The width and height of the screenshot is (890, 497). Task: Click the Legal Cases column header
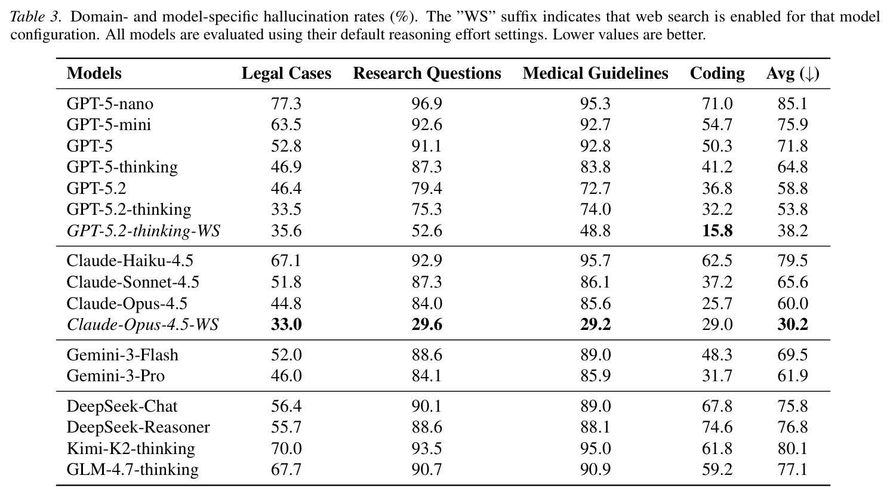(x=286, y=73)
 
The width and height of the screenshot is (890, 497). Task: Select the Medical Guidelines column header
(x=595, y=73)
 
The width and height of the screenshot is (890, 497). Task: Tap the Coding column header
(x=717, y=74)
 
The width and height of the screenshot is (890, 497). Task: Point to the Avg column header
(x=793, y=74)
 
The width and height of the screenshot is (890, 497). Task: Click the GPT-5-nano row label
(x=110, y=104)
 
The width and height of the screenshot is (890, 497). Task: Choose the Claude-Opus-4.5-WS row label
(x=143, y=325)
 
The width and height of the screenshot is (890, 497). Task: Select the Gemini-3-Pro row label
(x=115, y=375)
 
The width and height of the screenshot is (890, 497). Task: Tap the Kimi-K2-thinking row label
(x=131, y=449)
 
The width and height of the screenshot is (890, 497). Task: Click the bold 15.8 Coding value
(x=717, y=231)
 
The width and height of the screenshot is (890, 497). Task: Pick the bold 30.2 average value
(x=793, y=325)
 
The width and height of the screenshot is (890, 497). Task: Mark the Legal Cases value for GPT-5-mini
(x=286, y=125)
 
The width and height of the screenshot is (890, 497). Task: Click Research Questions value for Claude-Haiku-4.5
(x=427, y=261)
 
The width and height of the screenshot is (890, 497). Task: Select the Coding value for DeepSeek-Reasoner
(x=717, y=427)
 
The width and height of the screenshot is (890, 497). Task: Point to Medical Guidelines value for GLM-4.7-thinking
(x=595, y=470)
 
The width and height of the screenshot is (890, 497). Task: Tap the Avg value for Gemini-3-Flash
(x=793, y=354)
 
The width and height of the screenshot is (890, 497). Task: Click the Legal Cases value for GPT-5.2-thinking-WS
(x=286, y=231)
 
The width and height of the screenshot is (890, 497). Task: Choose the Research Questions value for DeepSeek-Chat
(x=427, y=406)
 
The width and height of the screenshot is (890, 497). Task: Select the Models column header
(x=94, y=73)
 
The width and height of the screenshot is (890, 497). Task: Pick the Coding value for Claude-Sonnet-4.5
(x=717, y=282)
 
